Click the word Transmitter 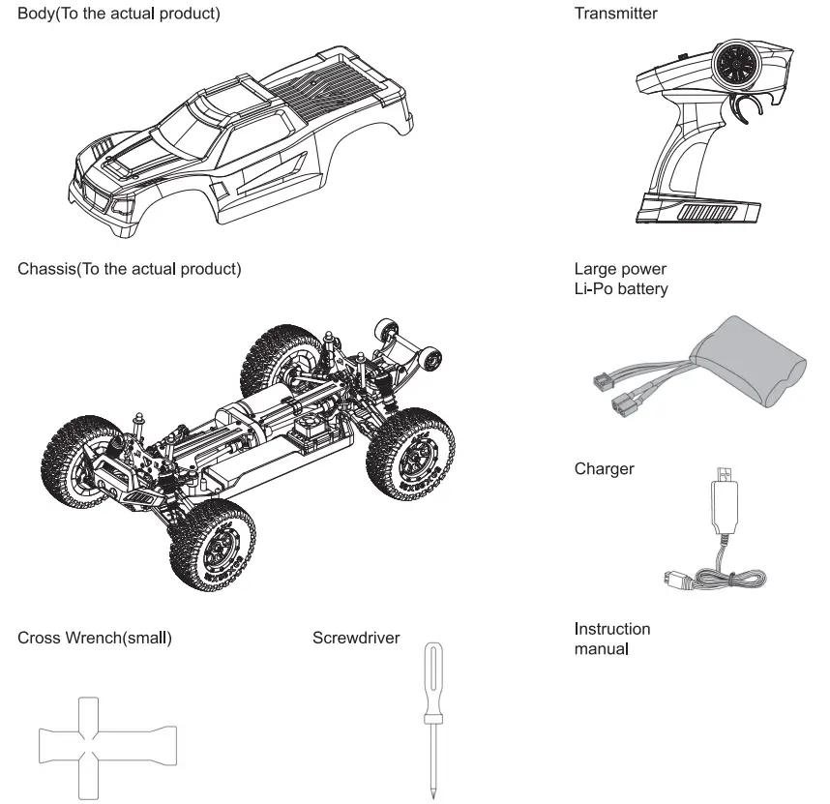click(x=615, y=14)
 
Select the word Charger click(x=605, y=469)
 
